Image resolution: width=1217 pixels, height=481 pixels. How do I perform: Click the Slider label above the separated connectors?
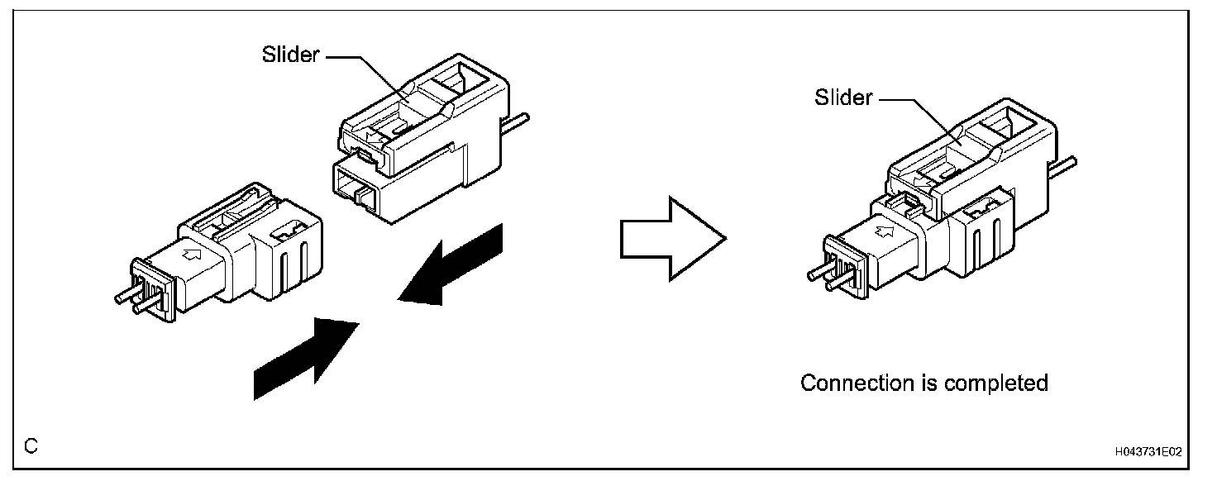point(290,55)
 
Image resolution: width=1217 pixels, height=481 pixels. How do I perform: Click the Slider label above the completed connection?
point(843,98)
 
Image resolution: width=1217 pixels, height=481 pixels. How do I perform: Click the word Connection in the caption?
point(857,383)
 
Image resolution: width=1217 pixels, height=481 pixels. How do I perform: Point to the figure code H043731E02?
point(1148,452)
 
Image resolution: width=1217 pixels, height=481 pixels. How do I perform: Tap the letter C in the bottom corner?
point(31,447)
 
